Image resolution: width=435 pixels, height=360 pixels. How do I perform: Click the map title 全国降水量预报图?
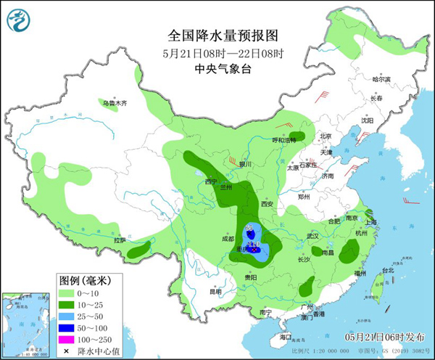tap(223, 34)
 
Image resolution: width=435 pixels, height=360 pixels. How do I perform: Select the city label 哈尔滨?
tap(381, 79)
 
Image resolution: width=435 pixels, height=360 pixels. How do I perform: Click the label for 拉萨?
tap(120, 240)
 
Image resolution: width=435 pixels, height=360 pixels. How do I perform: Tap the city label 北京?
tap(325, 136)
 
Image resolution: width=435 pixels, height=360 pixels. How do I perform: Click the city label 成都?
tap(228, 237)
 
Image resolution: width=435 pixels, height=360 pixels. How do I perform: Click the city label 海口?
tap(285, 337)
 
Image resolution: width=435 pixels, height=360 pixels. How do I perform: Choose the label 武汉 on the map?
tap(313, 236)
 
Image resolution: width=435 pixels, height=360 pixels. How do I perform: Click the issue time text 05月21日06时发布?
tap(384, 338)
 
